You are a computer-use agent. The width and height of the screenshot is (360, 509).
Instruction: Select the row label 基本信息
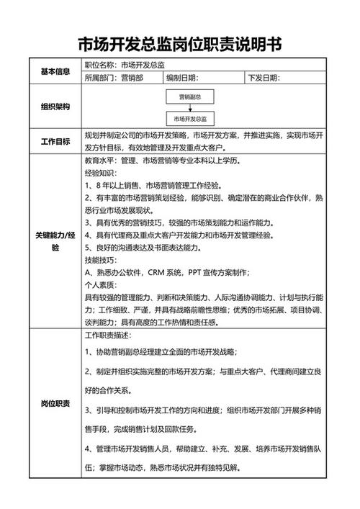coord(55,71)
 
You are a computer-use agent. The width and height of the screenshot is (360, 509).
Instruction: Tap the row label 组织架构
coord(55,107)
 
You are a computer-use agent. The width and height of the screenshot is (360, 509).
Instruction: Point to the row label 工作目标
coord(55,140)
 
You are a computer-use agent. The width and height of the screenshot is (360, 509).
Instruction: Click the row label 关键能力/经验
coord(55,240)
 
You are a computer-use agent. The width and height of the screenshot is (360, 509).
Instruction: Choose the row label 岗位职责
coord(55,403)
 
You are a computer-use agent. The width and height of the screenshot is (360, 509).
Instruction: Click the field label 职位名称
coord(100,65)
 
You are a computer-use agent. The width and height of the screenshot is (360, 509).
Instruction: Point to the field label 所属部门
coord(100,78)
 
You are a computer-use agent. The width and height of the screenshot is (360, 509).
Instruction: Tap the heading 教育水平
coord(100,160)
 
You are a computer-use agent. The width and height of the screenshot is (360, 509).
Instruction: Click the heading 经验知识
coord(100,173)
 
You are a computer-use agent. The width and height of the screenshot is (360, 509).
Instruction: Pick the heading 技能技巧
coord(100,259)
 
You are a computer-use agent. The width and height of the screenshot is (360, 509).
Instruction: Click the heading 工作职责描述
coord(108,335)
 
